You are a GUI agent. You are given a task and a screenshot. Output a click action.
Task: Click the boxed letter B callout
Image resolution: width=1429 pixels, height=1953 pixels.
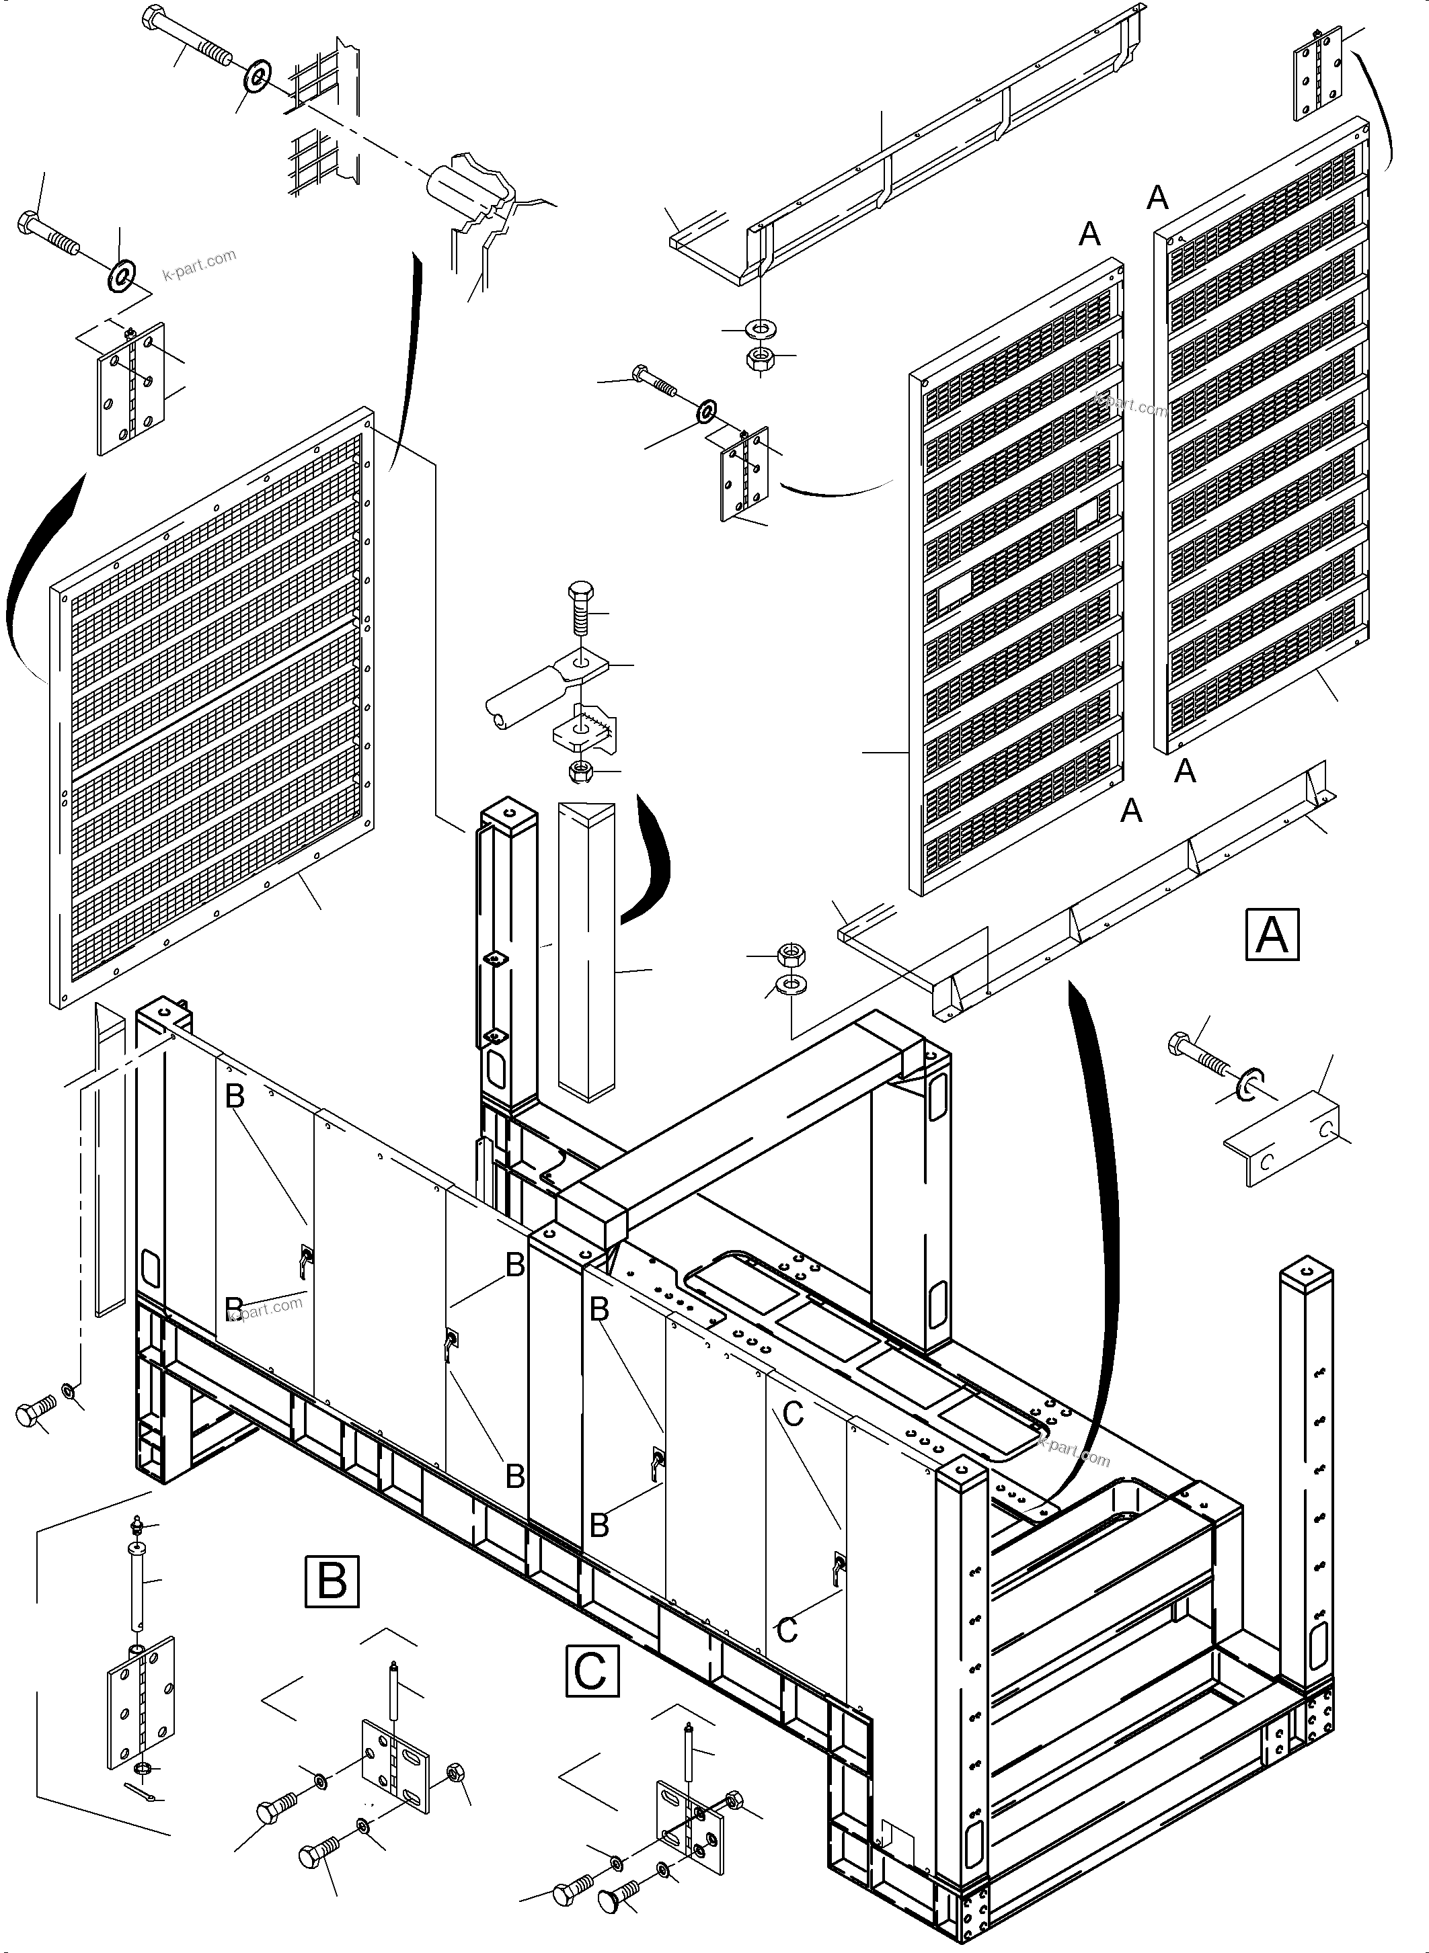pos(332,1581)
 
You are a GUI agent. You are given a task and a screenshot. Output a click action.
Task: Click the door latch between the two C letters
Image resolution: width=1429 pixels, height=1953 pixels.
pos(837,1567)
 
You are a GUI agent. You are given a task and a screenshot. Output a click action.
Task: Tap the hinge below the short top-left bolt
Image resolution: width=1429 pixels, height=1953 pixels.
pos(130,388)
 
